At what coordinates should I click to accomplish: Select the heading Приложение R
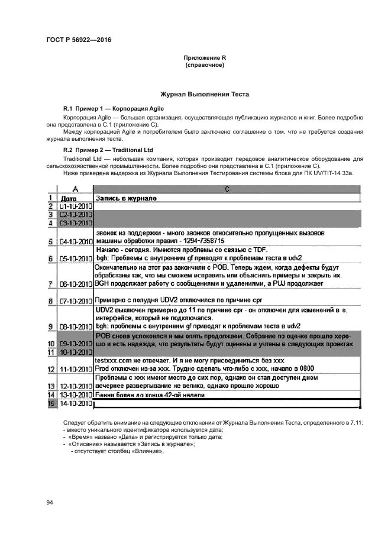coord(205,57)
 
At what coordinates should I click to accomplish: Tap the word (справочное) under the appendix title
coord(205,64)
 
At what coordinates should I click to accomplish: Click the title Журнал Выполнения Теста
coord(205,95)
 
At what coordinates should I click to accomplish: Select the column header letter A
coord(74,188)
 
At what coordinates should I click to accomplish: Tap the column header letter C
coord(227,188)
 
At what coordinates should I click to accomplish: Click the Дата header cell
coord(69,198)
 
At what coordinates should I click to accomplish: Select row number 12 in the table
coord(51,369)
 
